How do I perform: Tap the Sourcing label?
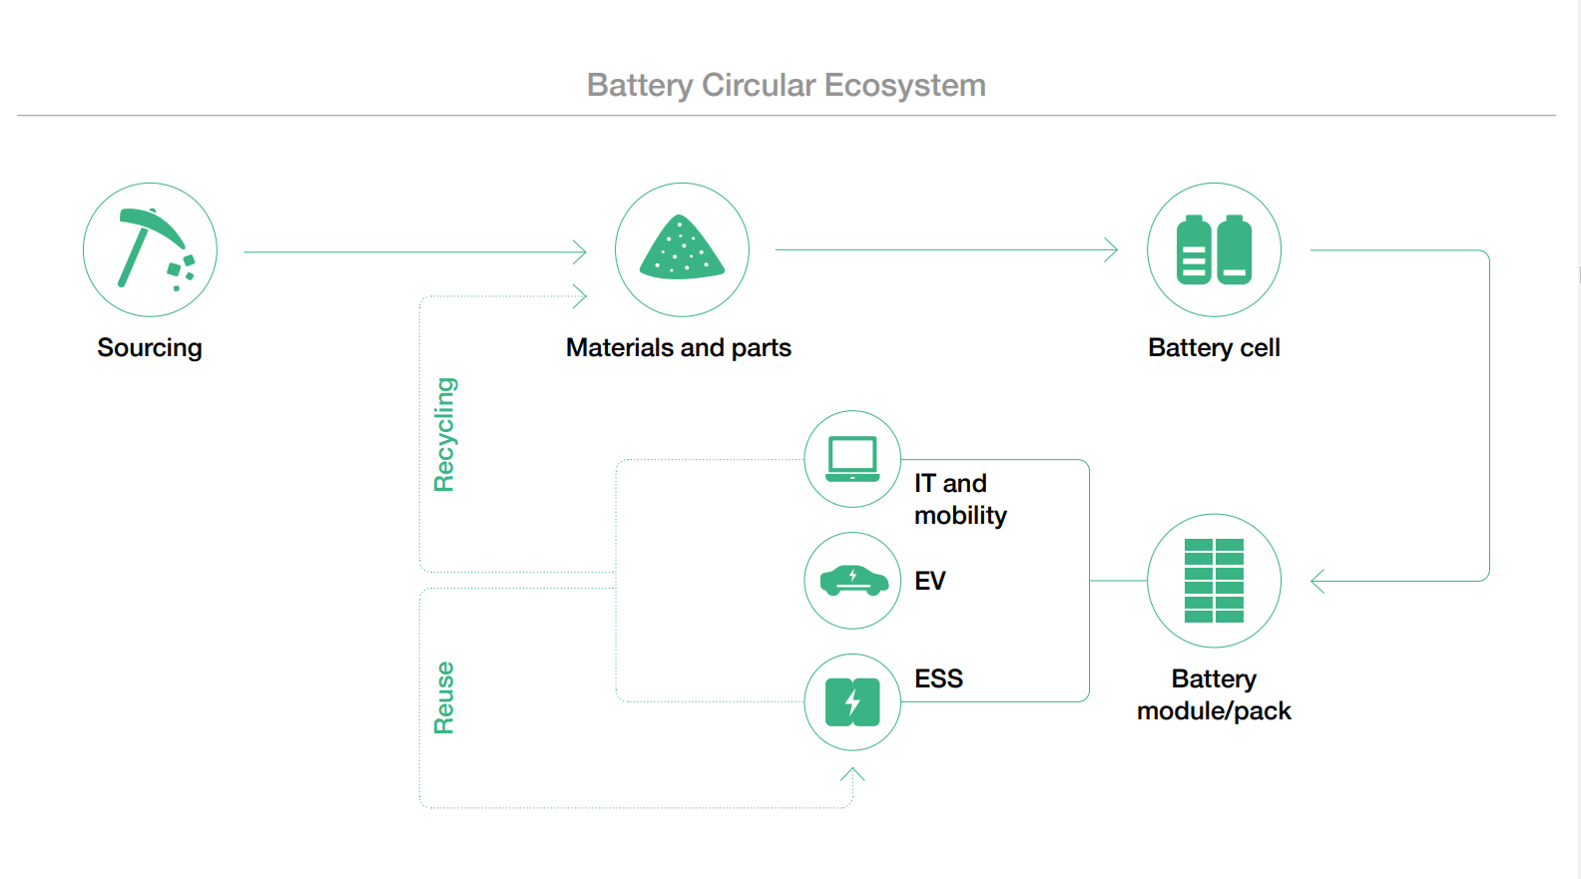coord(150,348)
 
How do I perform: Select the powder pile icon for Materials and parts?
coord(682,249)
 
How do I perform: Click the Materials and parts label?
coord(678,348)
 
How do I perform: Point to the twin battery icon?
coord(1214,249)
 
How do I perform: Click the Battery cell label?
coord(1214,348)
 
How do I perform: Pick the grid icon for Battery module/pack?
coord(1214,581)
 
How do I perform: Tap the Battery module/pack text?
coord(1214,695)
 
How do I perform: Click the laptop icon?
coord(852,459)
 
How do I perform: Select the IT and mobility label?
coord(960,499)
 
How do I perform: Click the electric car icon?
coord(852,581)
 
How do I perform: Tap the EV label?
coord(929,581)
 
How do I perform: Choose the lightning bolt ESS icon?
coord(852,702)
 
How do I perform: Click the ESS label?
coord(938,679)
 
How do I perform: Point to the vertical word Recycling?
coord(444,435)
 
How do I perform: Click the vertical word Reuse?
coord(444,697)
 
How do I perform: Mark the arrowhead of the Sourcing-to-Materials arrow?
coord(581,252)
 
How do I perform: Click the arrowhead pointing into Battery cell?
coord(1112,249)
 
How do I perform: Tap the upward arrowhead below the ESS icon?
coord(852,773)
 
